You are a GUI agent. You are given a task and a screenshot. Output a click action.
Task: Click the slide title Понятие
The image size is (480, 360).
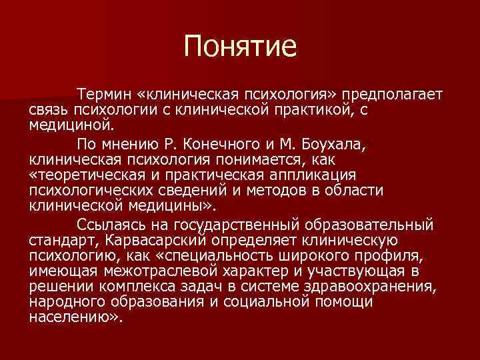click(240, 47)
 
